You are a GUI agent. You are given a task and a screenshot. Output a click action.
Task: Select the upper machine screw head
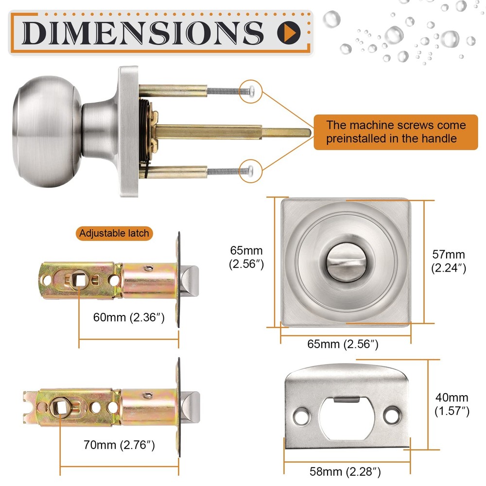pyautogui.click(x=251, y=90)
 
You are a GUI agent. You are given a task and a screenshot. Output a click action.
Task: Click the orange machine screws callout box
pyautogui.click(x=396, y=132)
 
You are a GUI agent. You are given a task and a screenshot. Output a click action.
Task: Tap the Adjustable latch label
pyautogui.click(x=114, y=233)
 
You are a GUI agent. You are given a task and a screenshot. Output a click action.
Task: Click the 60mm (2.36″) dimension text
pyautogui.click(x=129, y=318)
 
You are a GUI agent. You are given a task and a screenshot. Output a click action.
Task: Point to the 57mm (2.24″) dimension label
pyautogui.click(x=449, y=261)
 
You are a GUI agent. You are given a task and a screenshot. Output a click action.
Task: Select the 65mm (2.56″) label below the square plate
pyautogui.click(x=343, y=345)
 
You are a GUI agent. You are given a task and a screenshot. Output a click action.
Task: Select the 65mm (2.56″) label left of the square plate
pyautogui.click(x=246, y=258)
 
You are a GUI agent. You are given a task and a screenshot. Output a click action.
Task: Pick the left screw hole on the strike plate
pyautogui.click(x=301, y=416)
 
